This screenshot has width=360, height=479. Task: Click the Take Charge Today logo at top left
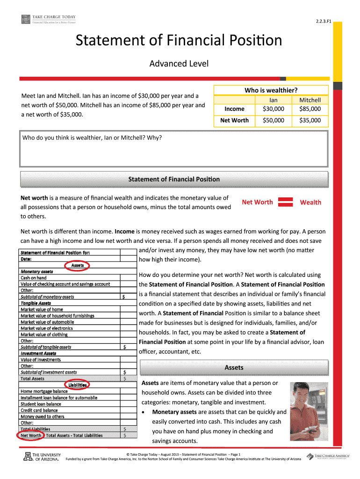[x=48, y=19]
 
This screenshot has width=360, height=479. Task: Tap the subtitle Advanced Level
[x=179, y=63]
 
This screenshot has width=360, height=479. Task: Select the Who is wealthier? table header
[x=271, y=90]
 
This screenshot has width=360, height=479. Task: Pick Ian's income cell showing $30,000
[x=274, y=109]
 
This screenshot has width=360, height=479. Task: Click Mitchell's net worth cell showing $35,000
[x=310, y=121]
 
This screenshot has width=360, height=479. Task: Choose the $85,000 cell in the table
[x=310, y=109]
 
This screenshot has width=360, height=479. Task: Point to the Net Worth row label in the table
[x=234, y=121]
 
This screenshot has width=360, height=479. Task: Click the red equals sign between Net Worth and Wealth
[x=286, y=202]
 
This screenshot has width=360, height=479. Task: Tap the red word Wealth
[x=310, y=202]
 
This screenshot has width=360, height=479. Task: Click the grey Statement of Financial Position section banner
[x=173, y=179]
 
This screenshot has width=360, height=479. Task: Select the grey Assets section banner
[x=234, y=368]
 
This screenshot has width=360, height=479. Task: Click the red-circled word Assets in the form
[x=77, y=265]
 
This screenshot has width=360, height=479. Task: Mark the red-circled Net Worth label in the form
[x=31, y=435]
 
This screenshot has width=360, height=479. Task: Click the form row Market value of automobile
[x=47, y=322]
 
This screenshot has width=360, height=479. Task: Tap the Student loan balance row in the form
[x=41, y=404]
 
